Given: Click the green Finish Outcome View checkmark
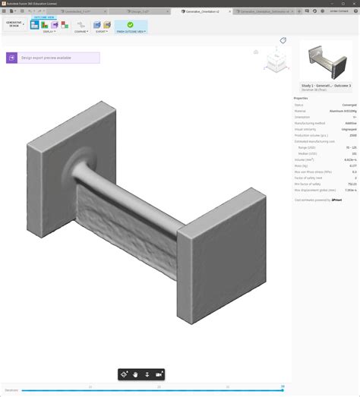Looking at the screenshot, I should [x=130, y=24].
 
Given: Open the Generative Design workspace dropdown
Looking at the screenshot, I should [x=14, y=24].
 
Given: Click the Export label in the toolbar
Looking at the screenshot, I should [x=101, y=32].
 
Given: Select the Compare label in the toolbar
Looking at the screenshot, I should [x=81, y=32].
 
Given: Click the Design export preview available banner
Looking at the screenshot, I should [x=52, y=58].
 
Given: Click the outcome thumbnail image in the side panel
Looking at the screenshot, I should [x=326, y=61].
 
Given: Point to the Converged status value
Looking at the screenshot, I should [x=350, y=105].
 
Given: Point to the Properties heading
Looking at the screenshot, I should [x=302, y=98].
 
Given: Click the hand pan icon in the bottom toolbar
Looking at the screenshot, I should [x=135, y=374].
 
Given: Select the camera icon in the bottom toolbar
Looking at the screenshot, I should [x=159, y=374].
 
